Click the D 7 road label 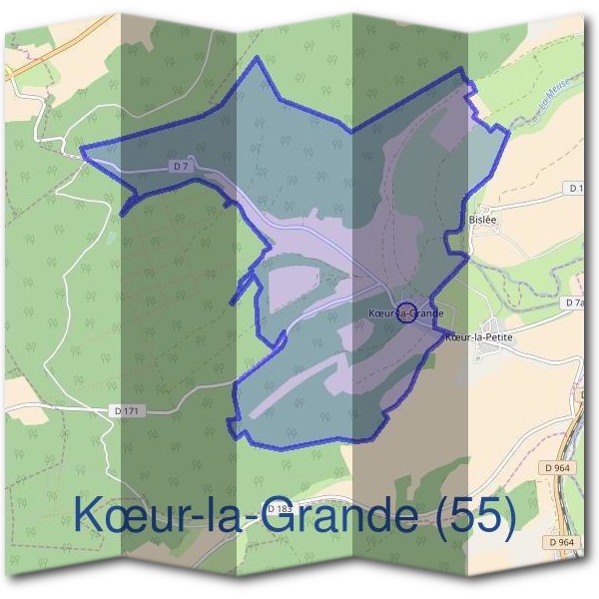[181, 167]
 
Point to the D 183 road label [283, 509]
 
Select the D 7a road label [575, 302]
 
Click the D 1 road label [576, 188]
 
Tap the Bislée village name [482, 219]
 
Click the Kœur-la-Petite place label [479, 337]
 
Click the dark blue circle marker [406, 312]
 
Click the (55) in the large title [476, 517]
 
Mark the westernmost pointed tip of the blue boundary [82, 152]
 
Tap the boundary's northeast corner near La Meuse [463, 69]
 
